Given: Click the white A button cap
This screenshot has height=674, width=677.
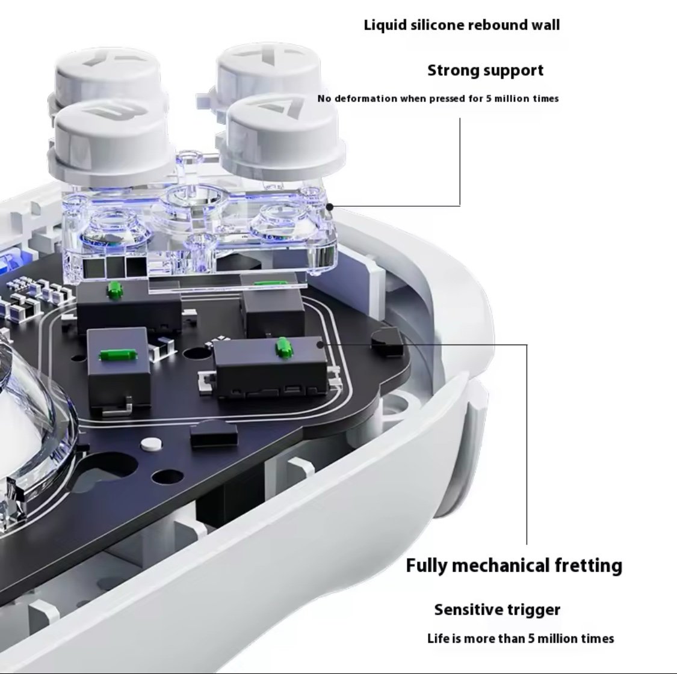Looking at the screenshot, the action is [x=283, y=138].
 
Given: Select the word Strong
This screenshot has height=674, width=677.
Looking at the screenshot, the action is [x=453, y=70].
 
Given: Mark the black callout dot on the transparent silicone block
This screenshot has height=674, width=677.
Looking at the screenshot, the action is [x=329, y=207].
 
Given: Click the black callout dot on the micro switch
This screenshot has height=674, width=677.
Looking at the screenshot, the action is [x=320, y=345].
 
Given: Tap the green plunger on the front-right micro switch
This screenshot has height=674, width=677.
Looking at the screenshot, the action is [x=282, y=348].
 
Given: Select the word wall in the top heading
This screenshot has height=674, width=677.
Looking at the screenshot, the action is [x=545, y=25].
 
